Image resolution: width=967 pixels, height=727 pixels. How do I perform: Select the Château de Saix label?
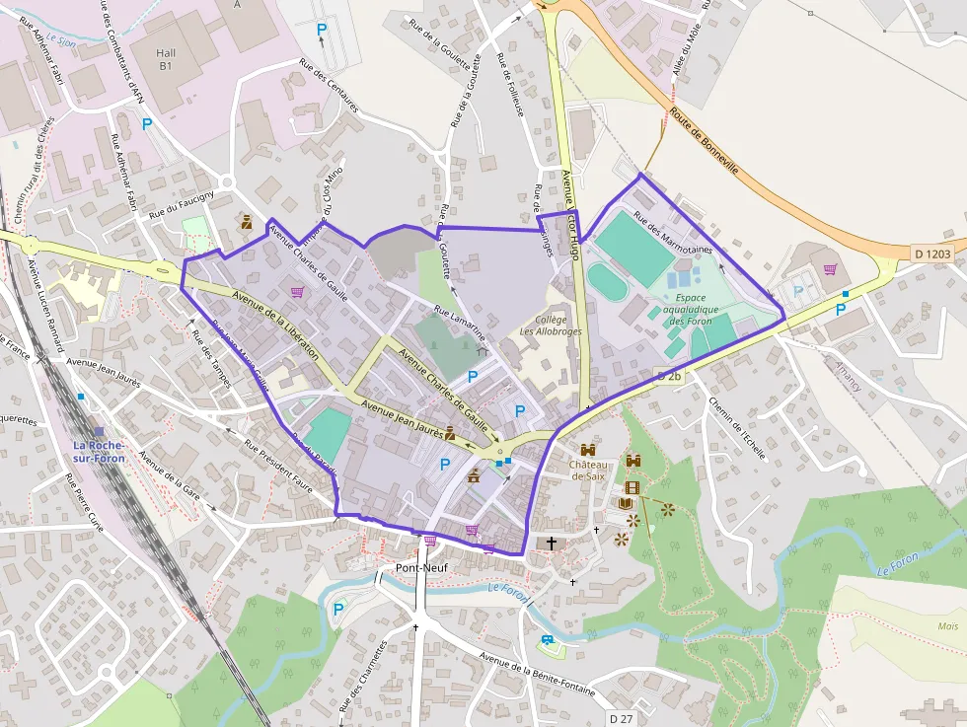(590, 470)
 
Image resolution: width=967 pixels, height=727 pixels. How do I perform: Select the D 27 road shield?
(620, 718)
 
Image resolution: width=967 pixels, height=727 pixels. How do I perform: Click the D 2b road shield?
(668, 376)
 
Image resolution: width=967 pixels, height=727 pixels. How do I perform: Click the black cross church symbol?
(551, 543)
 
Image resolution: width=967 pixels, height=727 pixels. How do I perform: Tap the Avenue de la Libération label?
(275, 325)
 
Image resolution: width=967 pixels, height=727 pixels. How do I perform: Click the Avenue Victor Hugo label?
(571, 213)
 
